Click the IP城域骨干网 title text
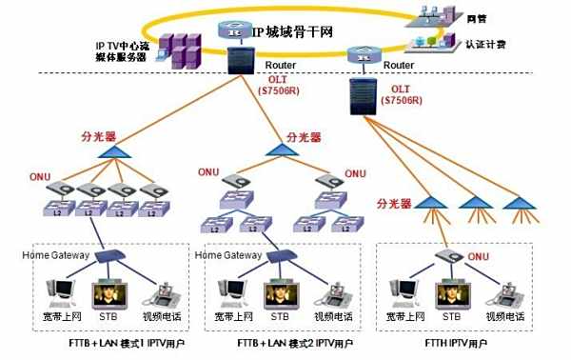click(x=294, y=31)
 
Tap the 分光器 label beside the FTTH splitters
click(x=393, y=203)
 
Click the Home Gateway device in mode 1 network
click(x=111, y=255)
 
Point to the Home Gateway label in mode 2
click(x=227, y=255)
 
